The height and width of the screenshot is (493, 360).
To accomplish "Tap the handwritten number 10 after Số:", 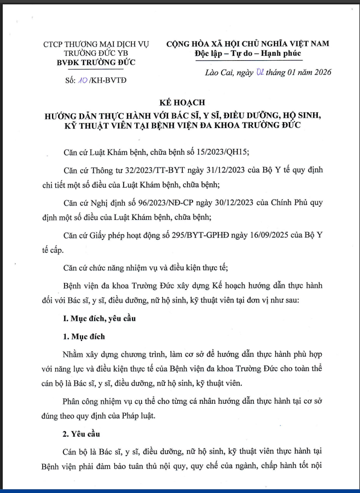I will (83, 80).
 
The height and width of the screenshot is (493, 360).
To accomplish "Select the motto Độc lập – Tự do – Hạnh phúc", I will (248, 53).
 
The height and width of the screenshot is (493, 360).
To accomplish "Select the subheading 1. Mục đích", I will (83, 336).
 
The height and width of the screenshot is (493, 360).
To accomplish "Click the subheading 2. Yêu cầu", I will (82, 435).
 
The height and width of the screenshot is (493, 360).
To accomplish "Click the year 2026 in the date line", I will (321, 72).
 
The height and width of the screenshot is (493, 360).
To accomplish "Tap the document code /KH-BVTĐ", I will (108, 80).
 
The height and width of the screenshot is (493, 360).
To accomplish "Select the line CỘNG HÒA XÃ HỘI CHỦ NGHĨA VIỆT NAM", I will (248, 44).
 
